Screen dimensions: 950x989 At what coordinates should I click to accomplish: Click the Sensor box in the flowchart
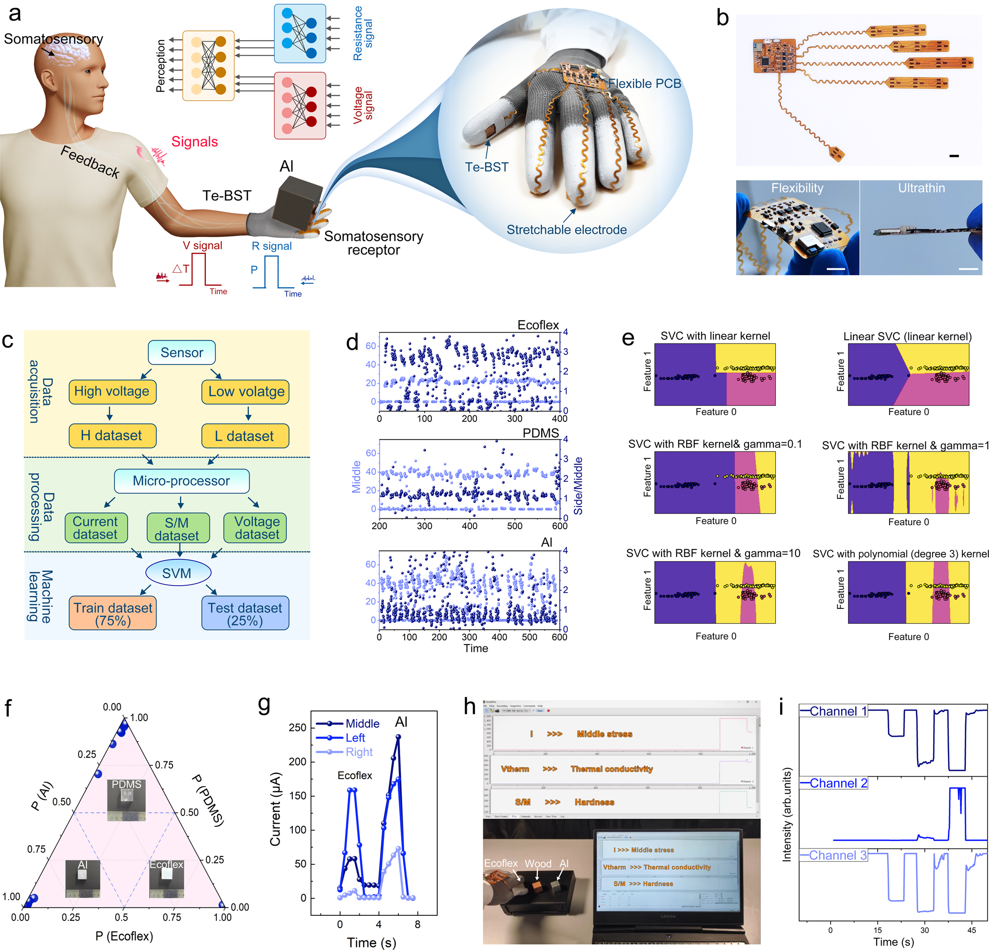(182, 352)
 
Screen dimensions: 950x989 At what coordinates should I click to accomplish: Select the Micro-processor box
(182, 481)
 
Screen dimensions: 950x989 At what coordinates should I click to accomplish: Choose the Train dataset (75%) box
(112, 614)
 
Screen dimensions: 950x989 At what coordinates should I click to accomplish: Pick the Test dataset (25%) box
(245, 614)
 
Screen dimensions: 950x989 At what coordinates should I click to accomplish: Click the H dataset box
(112, 436)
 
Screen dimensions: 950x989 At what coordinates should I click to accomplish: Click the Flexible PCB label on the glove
(644, 83)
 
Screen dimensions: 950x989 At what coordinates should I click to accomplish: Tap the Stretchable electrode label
(566, 230)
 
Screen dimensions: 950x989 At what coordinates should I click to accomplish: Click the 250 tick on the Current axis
(298, 727)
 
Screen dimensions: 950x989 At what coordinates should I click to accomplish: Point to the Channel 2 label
(838, 783)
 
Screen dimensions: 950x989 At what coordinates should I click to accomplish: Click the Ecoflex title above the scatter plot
(538, 325)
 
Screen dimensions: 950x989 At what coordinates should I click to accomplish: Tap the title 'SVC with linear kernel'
(715, 336)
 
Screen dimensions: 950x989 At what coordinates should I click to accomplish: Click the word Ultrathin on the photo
(921, 188)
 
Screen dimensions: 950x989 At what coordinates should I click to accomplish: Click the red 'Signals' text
(194, 142)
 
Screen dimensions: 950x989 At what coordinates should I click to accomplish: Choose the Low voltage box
(246, 392)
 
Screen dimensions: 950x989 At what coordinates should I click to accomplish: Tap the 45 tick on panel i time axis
(971, 930)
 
